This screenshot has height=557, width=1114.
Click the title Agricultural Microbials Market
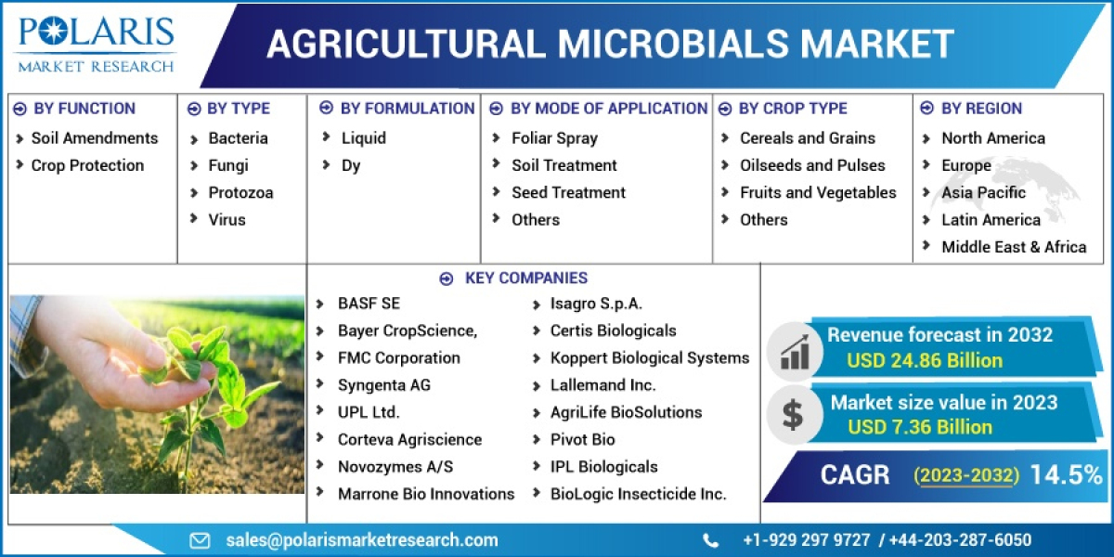[610, 44]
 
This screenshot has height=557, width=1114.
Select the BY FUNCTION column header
[84, 109]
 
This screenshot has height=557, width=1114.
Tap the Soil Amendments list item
[94, 138]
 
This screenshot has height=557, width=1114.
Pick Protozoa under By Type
[240, 193]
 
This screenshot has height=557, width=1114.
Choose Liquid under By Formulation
[363, 138]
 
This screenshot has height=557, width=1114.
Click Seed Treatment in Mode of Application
[568, 193]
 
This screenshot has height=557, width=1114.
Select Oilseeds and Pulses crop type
[812, 165]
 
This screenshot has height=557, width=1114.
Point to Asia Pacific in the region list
[983, 193]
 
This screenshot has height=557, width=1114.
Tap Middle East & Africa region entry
[1013, 247]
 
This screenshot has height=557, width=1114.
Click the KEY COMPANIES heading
[525, 278]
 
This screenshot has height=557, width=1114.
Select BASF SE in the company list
[369, 304]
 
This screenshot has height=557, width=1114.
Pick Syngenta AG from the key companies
[383, 385]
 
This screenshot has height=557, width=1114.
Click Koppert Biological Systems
[649, 358]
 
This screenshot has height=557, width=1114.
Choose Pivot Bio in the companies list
[582, 439]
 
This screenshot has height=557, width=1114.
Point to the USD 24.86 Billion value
[924, 360]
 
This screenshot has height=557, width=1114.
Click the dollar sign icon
[792, 415]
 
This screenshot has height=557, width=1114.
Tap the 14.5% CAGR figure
[1066, 475]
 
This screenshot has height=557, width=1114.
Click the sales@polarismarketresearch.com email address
[361, 540]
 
